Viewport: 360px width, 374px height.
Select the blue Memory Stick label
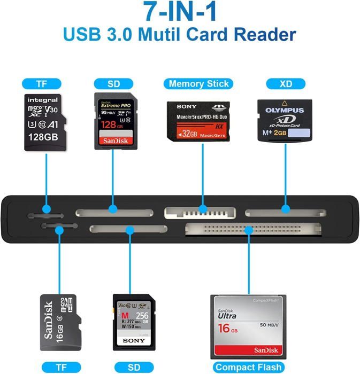coord(198,83)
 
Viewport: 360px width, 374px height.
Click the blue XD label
coord(285,83)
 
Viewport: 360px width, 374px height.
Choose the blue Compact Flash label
coord(248,367)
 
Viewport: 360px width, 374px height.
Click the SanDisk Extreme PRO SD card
coord(114,121)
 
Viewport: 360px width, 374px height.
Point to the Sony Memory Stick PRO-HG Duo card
coord(199,121)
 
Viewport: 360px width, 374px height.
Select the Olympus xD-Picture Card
coord(285,121)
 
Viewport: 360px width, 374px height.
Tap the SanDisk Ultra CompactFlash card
coord(248,326)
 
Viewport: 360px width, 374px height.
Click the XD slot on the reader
coord(286,213)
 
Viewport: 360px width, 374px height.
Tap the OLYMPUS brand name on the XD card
coord(285,111)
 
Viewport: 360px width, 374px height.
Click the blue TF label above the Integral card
coord(42,83)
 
